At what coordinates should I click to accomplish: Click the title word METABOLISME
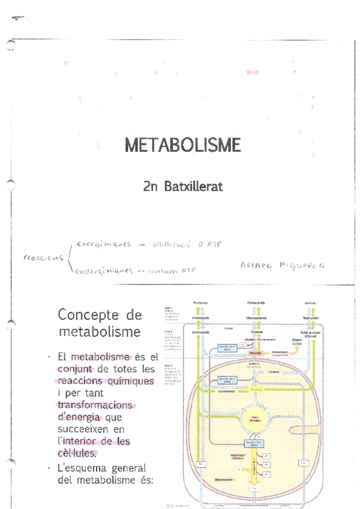[182, 145]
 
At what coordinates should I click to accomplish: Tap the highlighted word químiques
[127, 381]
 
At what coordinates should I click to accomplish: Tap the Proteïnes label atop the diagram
[200, 303]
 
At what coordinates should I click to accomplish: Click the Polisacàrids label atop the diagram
[255, 303]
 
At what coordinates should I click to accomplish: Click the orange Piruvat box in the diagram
[255, 354]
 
